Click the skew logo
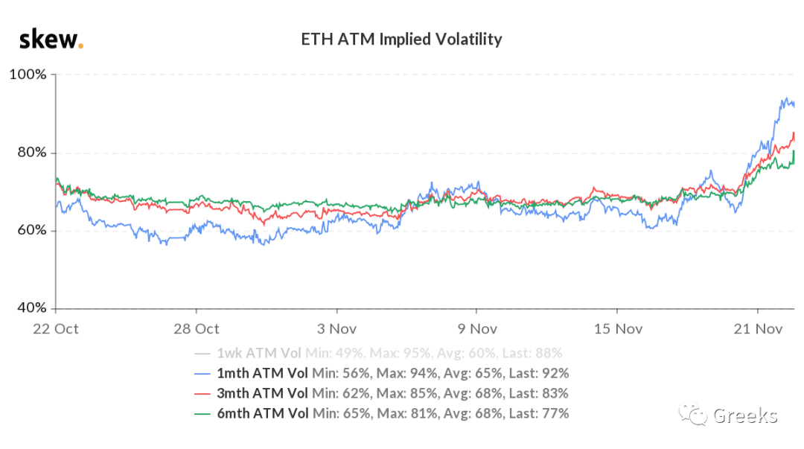click(x=51, y=39)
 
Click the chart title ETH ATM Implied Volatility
click(x=401, y=39)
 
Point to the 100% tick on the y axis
click(x=28, y=74)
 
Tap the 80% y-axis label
click(x=32, y=153)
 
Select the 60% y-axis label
click(x=32, y=230)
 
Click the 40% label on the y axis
click(x=32, y=308)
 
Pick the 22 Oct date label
click(x=55, y=329)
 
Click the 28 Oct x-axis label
click(x=197, y=329)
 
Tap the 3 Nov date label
click(x=336, y=329)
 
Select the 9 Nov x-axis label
click(x=477, y=329)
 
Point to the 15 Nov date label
click(x=618, y=329)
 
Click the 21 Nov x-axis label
click(x=758, y=329)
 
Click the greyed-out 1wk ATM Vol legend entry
click(x=378, y=353)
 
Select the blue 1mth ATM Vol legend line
click(x=202, y=374)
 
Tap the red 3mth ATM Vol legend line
click(x=202, y=394)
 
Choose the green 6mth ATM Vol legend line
click(x=202, y=414)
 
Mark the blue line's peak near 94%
click(x=787, y=98)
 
